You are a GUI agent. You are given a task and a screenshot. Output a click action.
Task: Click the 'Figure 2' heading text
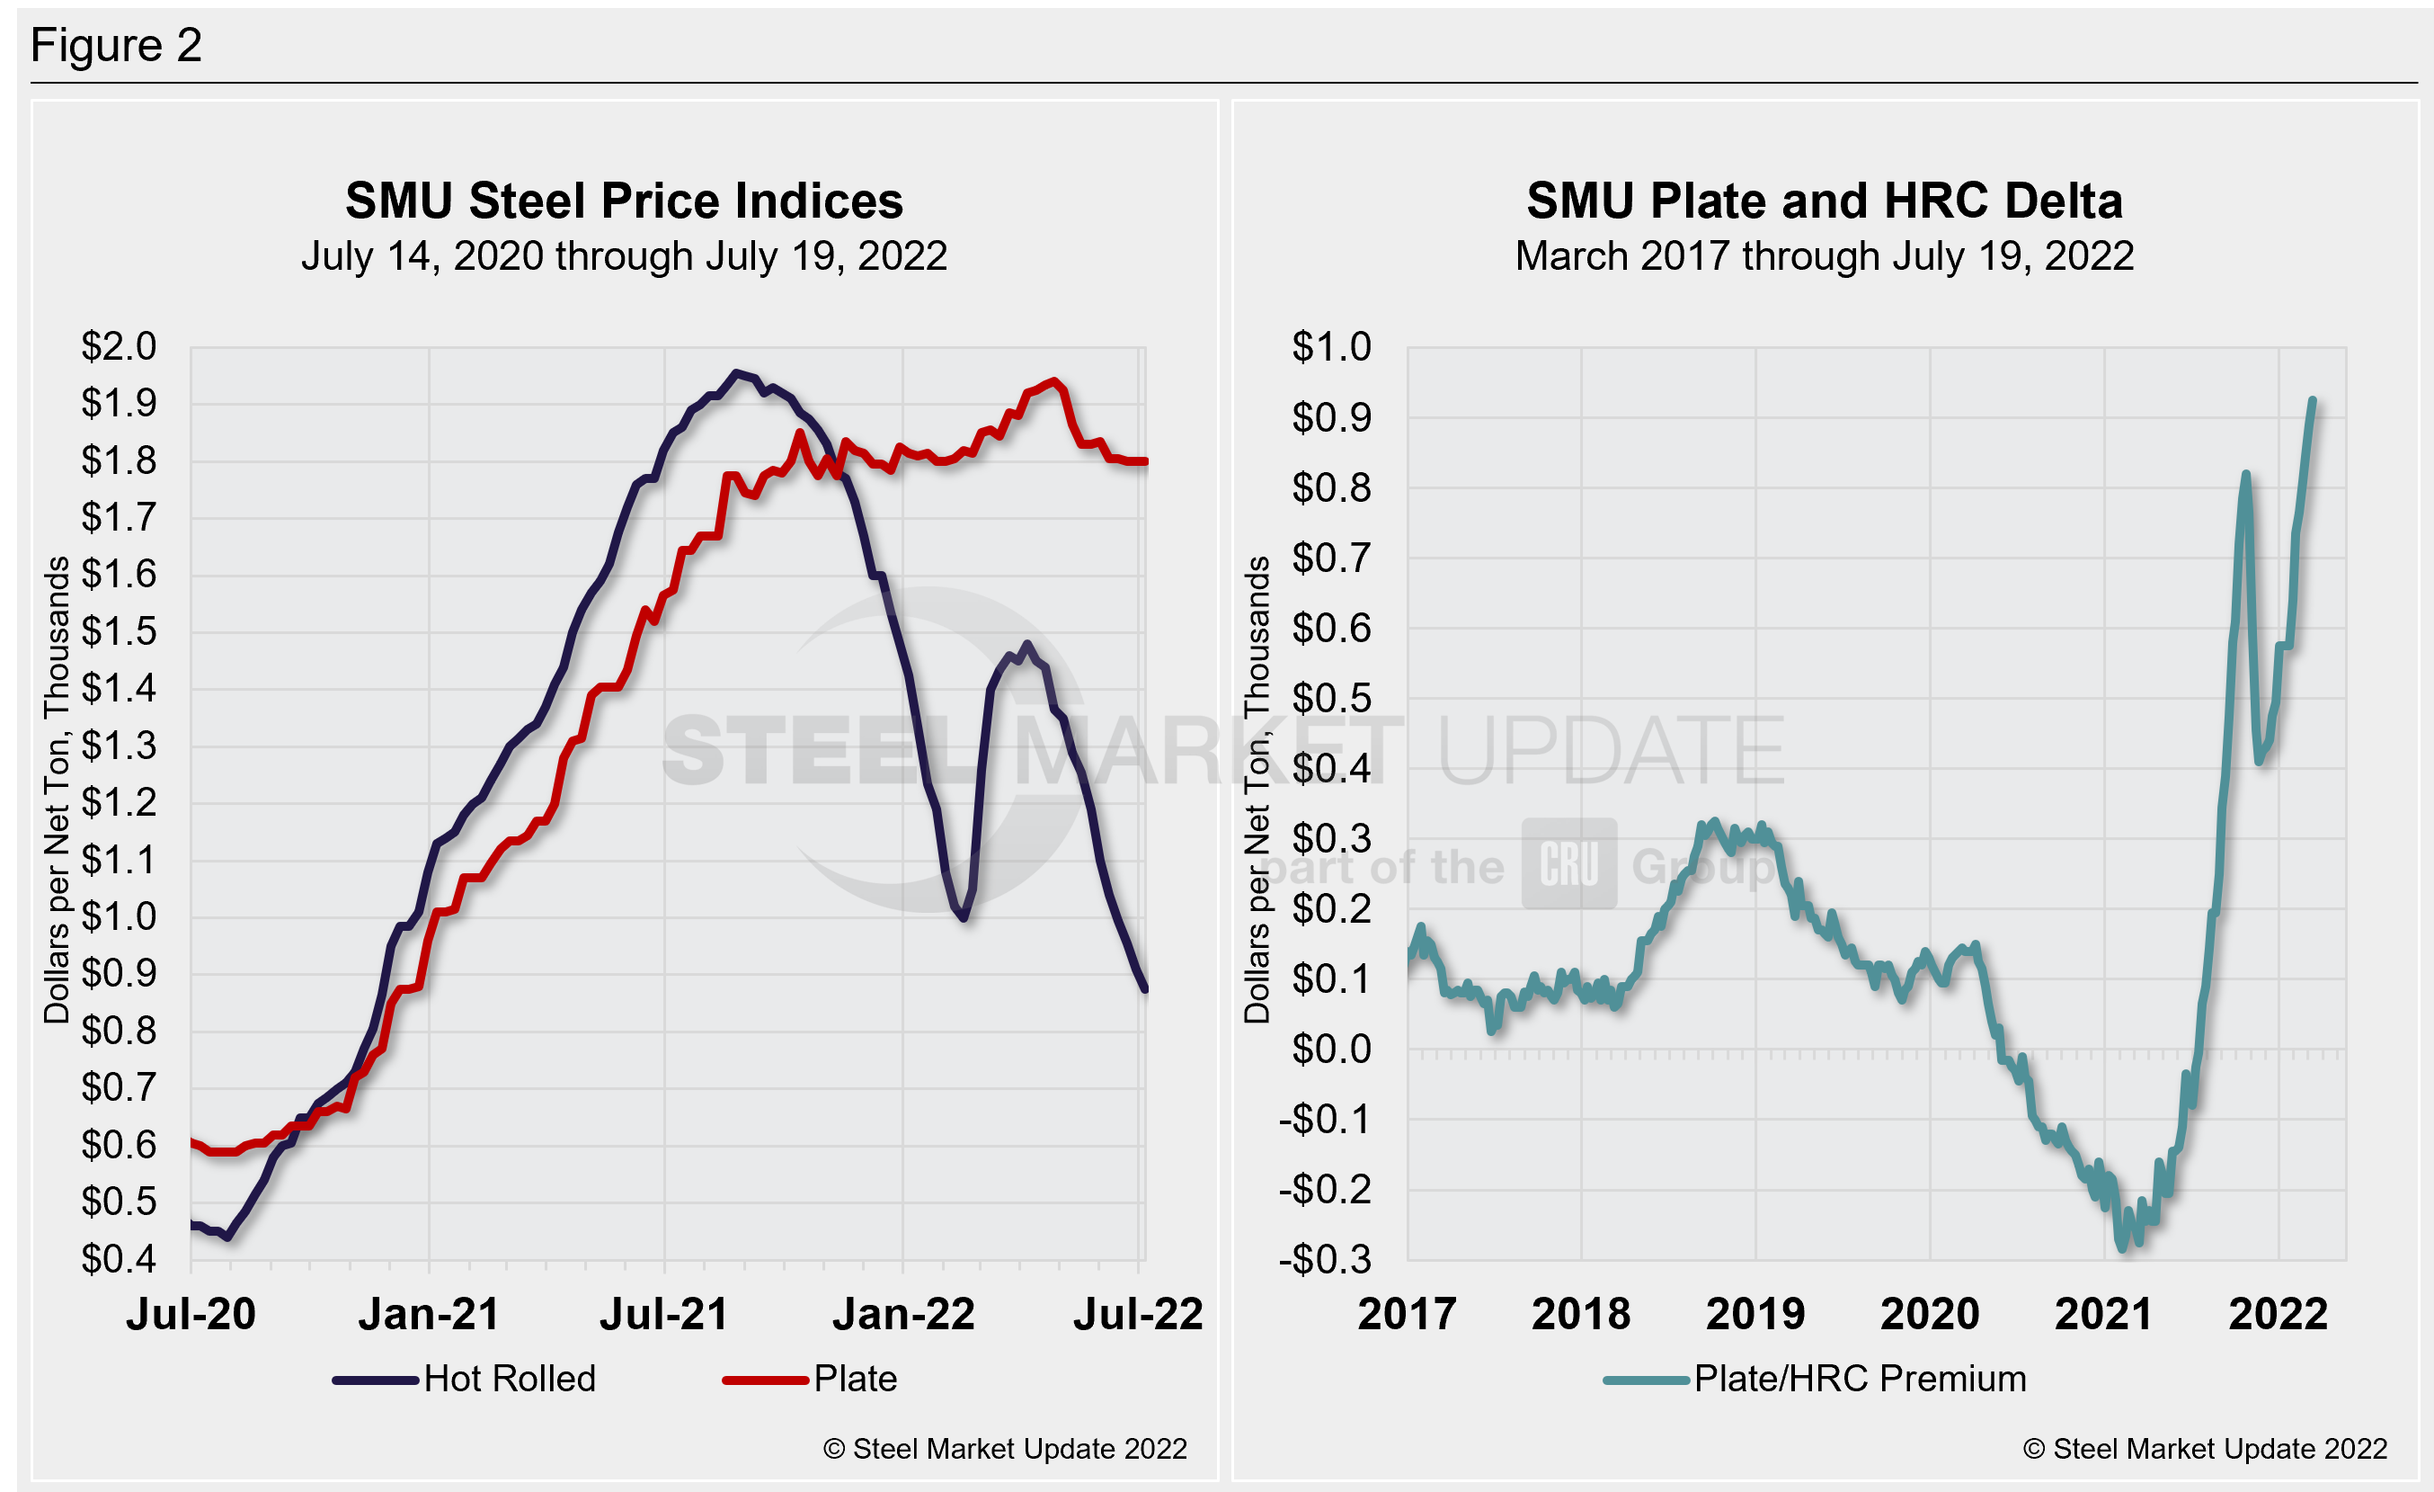click(x=116, y=46)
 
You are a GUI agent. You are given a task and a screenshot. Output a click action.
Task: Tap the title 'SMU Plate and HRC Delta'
click(x=1824, y=201)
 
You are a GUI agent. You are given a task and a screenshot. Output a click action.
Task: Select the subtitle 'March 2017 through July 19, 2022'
click(x=1824, y=256)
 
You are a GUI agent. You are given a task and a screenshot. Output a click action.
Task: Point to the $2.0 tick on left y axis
click(x=119, y=347)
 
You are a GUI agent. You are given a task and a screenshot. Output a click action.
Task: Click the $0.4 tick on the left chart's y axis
click(x=119, y=1259)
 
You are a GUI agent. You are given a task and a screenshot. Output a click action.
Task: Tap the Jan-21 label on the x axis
click(x=429, y=1314)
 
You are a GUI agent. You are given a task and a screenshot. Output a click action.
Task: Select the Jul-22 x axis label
click(x=1138, y=1314)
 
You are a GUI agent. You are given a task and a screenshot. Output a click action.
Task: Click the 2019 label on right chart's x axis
click(x=1755, y=1314)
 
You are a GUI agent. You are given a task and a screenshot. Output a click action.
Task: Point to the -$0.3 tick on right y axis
click(x=1325, y=1260)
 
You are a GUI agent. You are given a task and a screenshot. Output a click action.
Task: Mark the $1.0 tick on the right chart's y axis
click(x=1331, y=347)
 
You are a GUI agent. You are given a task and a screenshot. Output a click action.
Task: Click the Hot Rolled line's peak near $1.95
click(x=735, y=373)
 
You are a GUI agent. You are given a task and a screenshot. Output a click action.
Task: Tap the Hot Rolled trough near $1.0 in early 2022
click(x=964, y=918)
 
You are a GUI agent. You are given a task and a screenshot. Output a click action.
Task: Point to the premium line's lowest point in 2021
click(x=2123, y=1248)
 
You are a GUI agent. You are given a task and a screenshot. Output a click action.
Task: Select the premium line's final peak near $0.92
click(x=2313, y=401)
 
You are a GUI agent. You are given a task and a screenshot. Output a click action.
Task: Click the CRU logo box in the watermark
click(x=1568, y=864)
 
